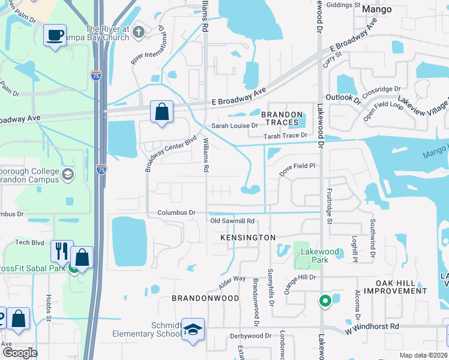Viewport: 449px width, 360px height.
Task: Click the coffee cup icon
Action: coord(55,35)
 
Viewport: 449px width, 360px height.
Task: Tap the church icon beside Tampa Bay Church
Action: coord(139,31)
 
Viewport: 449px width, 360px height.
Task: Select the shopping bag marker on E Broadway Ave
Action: coord(161,112)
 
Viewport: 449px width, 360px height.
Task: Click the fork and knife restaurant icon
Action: coord(62,251)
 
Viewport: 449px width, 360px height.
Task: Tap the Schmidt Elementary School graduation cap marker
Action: coord(193,329)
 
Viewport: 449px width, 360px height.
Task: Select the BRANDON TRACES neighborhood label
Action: coord(280,118)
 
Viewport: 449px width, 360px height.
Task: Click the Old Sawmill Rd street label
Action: coord(233,221)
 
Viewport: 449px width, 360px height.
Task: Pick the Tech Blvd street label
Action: coord(30,242)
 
